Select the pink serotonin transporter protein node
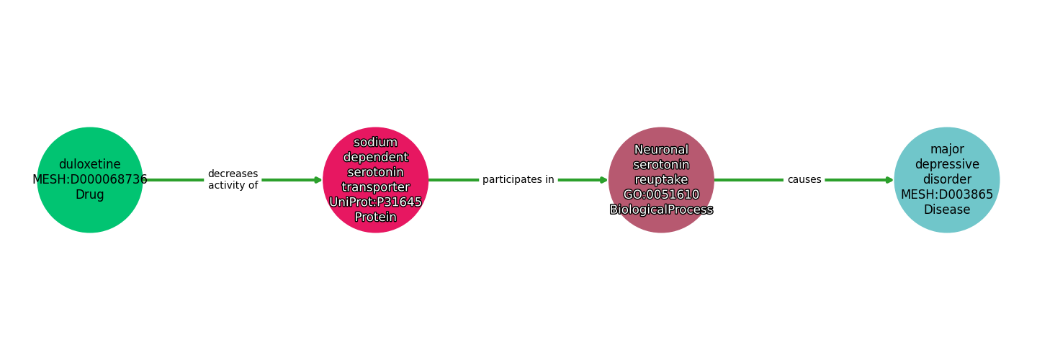375,180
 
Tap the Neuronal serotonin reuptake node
661,180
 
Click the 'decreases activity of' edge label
233,180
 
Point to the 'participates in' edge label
518,180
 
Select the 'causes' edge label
804,180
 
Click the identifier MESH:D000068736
90,179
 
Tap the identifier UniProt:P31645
375,202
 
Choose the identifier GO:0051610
661,194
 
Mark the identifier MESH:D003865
946,194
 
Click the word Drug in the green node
90,194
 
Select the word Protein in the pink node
375,217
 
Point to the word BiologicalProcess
661,210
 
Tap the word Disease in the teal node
946,210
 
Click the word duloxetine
90,164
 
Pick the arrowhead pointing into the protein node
318,180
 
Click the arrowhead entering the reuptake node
603,180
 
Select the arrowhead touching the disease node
889,180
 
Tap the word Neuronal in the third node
661,150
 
